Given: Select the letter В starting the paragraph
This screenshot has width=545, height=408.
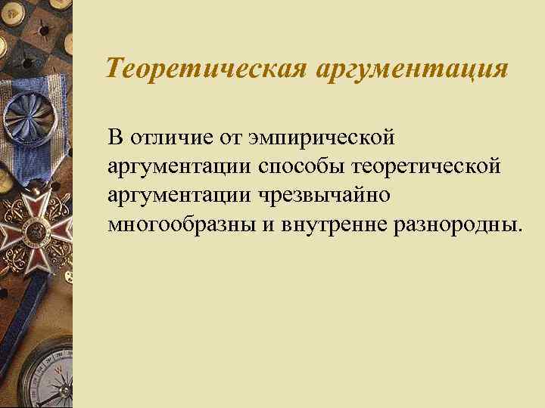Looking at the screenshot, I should click(114, 138).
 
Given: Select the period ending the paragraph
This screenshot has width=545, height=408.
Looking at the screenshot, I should click(519, 228).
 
